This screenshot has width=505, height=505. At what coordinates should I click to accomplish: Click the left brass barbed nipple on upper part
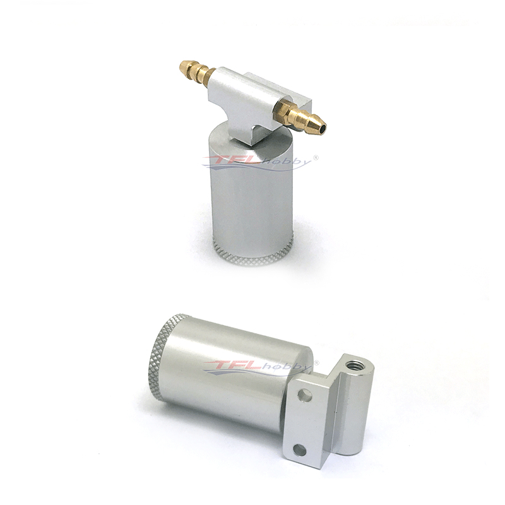(x=197, y=73)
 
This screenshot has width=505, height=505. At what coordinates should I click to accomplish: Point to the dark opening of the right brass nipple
(x=322, y=129)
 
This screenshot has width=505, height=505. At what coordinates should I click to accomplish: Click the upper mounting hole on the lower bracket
(x=305, y=396)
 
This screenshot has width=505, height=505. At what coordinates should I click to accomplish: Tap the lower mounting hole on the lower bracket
(x=300, y=450)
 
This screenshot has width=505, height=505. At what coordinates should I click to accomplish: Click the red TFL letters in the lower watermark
(x=234, y=366)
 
